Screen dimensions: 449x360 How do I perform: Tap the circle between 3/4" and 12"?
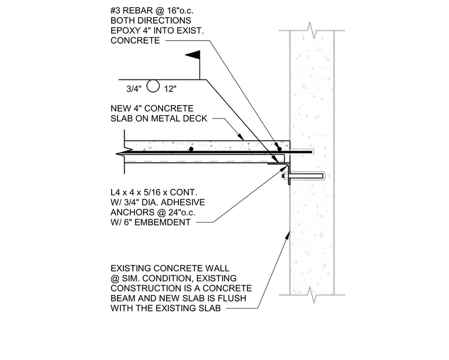(x=153, y=86)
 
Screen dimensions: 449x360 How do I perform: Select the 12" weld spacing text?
(x=170, y=89)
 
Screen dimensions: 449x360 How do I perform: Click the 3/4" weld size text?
(x=134, y=89)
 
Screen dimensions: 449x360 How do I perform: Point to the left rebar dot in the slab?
(x=191, y=149)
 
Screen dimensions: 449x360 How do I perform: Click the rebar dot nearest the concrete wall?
(x=279, y=149)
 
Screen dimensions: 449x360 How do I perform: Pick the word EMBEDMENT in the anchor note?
(x=162, y=222)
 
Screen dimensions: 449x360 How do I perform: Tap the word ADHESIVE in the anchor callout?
(x=183, y=202)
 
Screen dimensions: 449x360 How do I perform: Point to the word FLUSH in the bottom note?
(x=232, y=298)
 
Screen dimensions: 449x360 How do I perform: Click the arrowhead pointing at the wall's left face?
(x=288, y=235)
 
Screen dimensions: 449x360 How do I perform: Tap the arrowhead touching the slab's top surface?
(x=241, y=136)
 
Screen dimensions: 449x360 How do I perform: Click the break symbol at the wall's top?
(x=312, y=30)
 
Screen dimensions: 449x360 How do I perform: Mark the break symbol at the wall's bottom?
(x=312, y=295)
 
